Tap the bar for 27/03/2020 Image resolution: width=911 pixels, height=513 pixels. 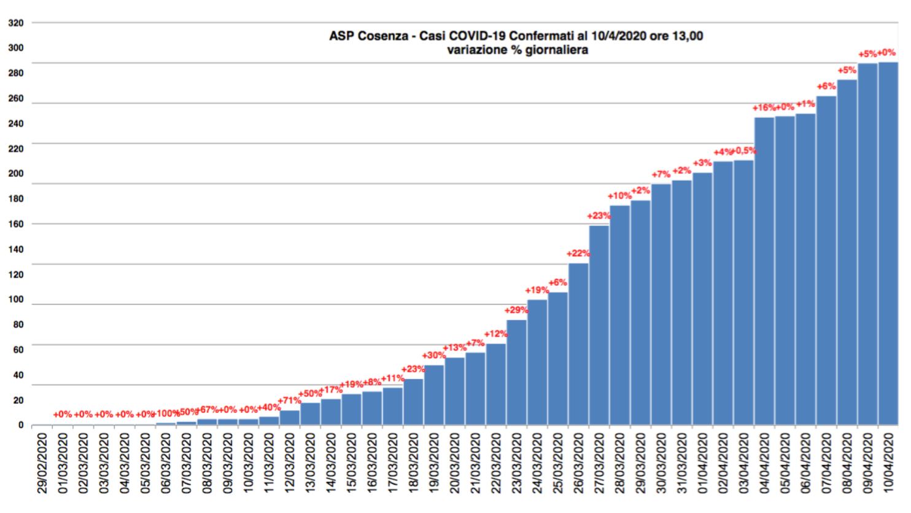pyautogui.click(x=599, y=325)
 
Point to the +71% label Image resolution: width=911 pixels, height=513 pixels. pyautogui.click(x=289, y=401)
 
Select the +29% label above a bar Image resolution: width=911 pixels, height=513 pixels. pyautogui.click(x=516, y=310)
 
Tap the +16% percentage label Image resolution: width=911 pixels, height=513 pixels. pyautogui.click(x=764, y=108)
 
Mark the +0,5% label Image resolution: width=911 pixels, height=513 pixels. pyautogui.click(x=743, y=151)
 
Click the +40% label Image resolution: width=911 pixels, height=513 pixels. pyautogui.click(x=269, y=407)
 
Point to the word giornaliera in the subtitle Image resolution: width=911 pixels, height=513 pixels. pyautogui.click(x=551, y=50)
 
